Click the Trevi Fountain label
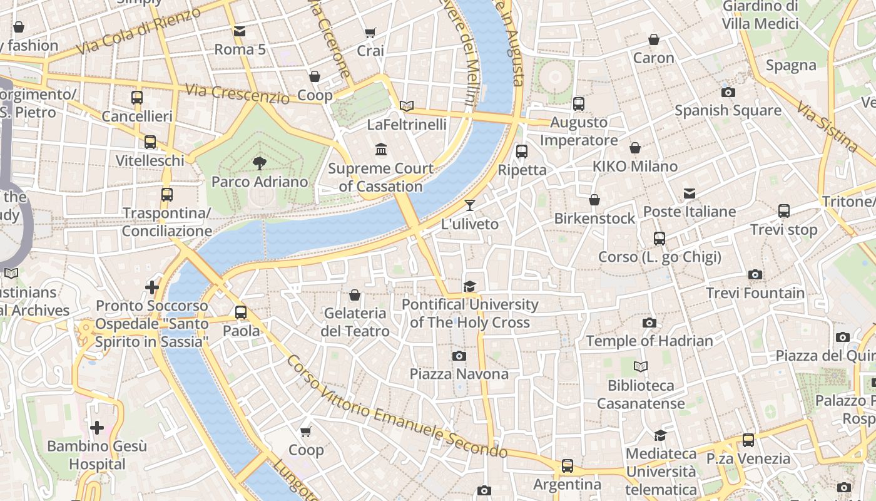755,292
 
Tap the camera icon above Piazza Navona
459,356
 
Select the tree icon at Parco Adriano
259,163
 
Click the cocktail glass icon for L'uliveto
470,205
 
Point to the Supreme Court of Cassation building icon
380,150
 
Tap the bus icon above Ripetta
521,151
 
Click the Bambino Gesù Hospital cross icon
97,428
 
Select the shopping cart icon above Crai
370,33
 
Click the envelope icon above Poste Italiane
689,194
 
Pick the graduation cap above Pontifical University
469,286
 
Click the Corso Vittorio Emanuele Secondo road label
397,407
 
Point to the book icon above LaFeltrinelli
407,106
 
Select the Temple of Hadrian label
649,341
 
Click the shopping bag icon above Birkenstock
594,200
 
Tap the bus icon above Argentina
567,465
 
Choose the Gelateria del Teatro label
355,322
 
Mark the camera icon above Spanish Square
728,92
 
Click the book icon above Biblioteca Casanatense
640,367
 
